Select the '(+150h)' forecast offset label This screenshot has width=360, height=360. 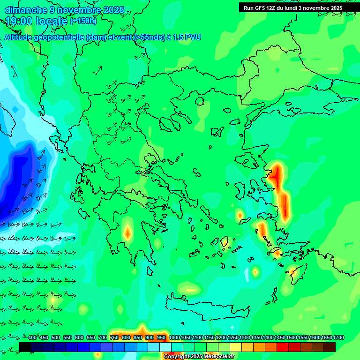pos(83,21)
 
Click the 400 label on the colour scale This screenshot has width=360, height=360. pos(32,337)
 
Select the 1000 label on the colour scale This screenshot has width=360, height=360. pos(174,337)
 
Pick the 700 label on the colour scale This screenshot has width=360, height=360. pos(103,337)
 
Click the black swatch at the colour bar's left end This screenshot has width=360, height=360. pos(25,347)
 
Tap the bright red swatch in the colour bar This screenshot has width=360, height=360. pos(283,347)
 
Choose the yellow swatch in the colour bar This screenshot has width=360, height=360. pos(236,347)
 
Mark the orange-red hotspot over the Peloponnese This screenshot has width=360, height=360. pos(127,232)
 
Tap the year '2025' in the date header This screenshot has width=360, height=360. pos(113,10)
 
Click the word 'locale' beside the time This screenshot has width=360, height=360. pos(51,21)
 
